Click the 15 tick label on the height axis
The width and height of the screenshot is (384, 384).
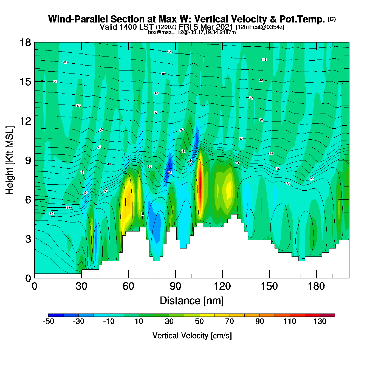coord(25,82)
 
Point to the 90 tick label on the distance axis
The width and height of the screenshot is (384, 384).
coord(176,287)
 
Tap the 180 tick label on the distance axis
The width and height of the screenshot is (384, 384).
coord(316,287)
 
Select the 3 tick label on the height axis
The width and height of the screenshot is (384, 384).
coord(28,239)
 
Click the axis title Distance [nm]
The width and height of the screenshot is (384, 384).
coord(192,301)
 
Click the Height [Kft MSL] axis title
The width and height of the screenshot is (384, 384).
coord(10,160)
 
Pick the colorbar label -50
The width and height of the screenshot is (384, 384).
coord(48,321)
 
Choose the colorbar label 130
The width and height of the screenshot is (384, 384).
coord(320,321)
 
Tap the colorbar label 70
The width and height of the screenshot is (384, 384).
coord(229,321)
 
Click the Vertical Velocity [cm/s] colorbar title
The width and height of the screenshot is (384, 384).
coord(192,336)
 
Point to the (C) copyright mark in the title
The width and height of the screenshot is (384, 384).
coord(332,19)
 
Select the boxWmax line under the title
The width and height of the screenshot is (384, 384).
coord(192,32)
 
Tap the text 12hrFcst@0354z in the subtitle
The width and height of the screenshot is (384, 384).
coord(260,27)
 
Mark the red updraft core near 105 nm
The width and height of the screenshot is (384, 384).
coord(201,184)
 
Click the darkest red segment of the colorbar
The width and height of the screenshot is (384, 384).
coord(327,315)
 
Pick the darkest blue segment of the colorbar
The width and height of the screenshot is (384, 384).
coord(56,315)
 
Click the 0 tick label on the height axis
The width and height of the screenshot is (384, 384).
coord(28,278)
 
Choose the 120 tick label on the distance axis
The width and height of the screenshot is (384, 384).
coord(222,287)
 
